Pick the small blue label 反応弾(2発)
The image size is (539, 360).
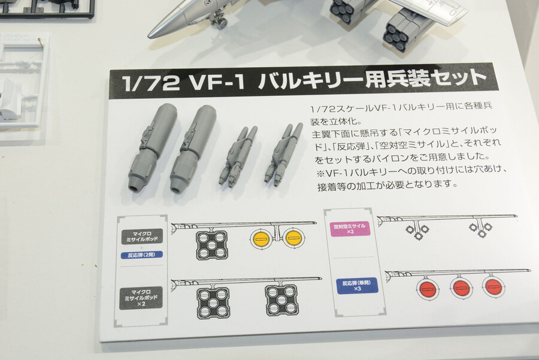coord(141,255)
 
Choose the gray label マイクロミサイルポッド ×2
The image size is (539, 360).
coord(141,297)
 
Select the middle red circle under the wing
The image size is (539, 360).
coord(461,288)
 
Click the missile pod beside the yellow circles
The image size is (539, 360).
coord(211,244)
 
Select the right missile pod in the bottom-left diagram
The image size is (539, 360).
coord(281,300)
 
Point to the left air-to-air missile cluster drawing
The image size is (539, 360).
coord(417,231)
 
